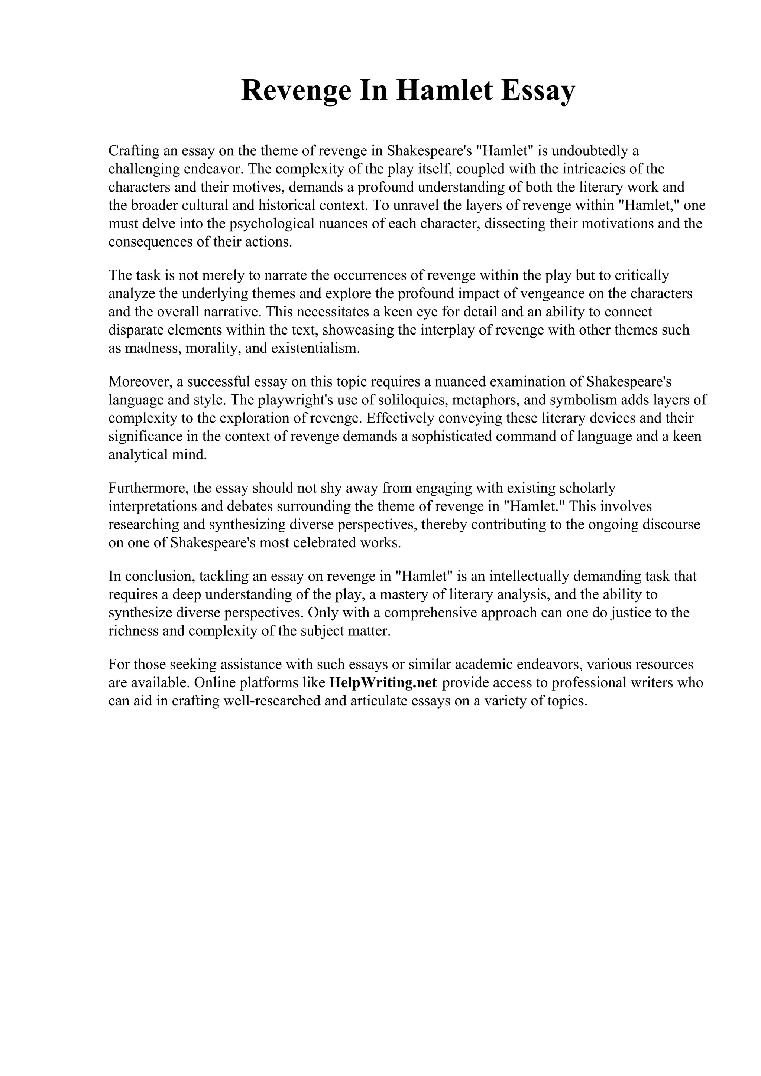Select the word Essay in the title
point(537,91)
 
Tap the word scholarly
point(587,488)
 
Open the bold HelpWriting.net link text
point(383,683)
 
